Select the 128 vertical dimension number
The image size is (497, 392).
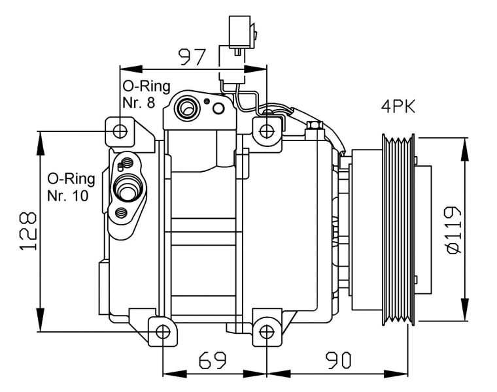pyautogui.click(x=27, y=231)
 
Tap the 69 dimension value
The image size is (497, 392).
pyautogui.click(x=213, y=359)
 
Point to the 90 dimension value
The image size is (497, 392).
pyautogui.click(x=336, y=359)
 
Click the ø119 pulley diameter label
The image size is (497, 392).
pyautogui.click(x=453, y=231)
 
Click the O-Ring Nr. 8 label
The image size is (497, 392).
pyautogui.click(x=146, y=94)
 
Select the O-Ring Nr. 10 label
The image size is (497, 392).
pyautogui.click(x=71, y=187)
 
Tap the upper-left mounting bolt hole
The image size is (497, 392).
pyautogui.click(x=120, y=131)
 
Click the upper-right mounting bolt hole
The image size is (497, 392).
pyautogui.click(x=267, y=131)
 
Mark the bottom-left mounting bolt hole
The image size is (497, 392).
pyautogui.click(x=162, y=332)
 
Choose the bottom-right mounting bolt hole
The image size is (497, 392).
pyautogui.click(x=267, y=332)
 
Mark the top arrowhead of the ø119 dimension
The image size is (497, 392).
pyautogui.click(x=466, y=144)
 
